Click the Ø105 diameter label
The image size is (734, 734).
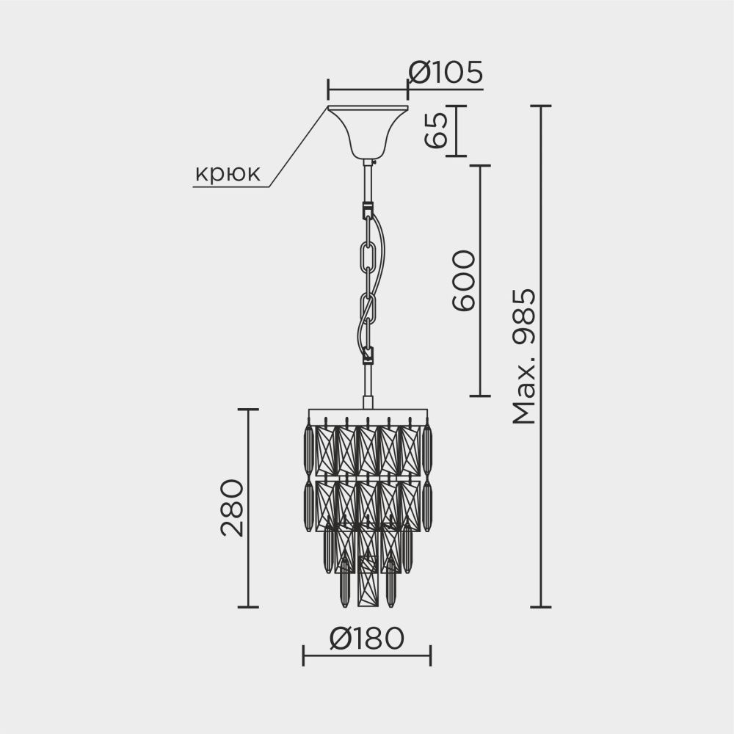pos(446,73)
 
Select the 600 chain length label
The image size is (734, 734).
pos(463,281)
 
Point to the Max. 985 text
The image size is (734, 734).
pos(524,357)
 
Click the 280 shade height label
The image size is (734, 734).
pos(231,508)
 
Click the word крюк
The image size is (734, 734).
pos(227,174)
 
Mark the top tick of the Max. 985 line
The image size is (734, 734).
pos(541,106)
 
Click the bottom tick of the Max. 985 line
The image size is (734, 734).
pos(541,607)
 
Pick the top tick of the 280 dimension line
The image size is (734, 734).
pos(248,410)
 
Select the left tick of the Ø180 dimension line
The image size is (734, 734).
pos(304,655)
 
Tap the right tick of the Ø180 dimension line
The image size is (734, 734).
pos(431,655)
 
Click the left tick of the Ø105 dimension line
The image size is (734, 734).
pos(327,90)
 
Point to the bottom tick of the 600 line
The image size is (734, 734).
pos(480,396)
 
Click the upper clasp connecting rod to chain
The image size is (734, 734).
pos(367,211)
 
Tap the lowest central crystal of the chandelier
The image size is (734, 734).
pos(367,584)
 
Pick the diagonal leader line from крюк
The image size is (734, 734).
pos(297,146)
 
